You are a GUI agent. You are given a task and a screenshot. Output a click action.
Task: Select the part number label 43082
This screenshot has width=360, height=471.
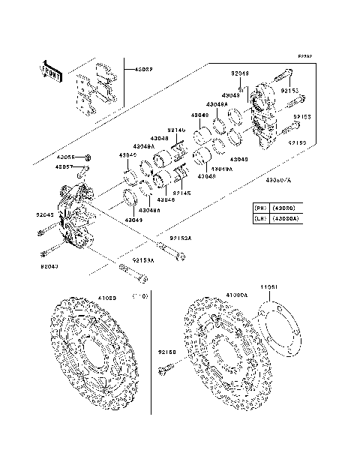(x=143, y=70)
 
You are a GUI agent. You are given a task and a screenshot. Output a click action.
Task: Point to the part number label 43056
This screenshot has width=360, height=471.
(x=67, y=157)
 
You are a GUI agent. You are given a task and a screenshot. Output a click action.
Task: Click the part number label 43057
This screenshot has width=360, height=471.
(x=67, y=166)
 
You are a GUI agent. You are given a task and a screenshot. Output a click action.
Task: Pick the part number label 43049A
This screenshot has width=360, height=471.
(x=222, y=169)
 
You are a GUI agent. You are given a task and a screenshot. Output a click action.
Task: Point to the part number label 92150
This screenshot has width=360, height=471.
(x=166, y=351)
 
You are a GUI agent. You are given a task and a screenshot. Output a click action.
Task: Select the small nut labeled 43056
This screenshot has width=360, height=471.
(x=88, y=157)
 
